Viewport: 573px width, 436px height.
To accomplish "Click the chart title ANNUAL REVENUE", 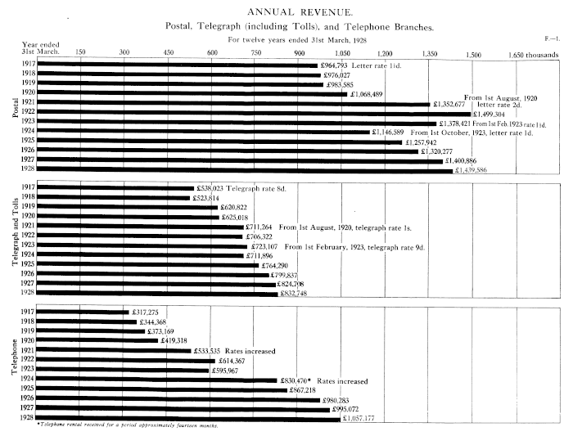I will click(286, 11).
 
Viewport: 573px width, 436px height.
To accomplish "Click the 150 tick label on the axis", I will click(80, 54).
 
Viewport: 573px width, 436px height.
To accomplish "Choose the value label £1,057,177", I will click(366, 418).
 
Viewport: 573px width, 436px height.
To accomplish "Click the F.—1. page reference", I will click(550, 38).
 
